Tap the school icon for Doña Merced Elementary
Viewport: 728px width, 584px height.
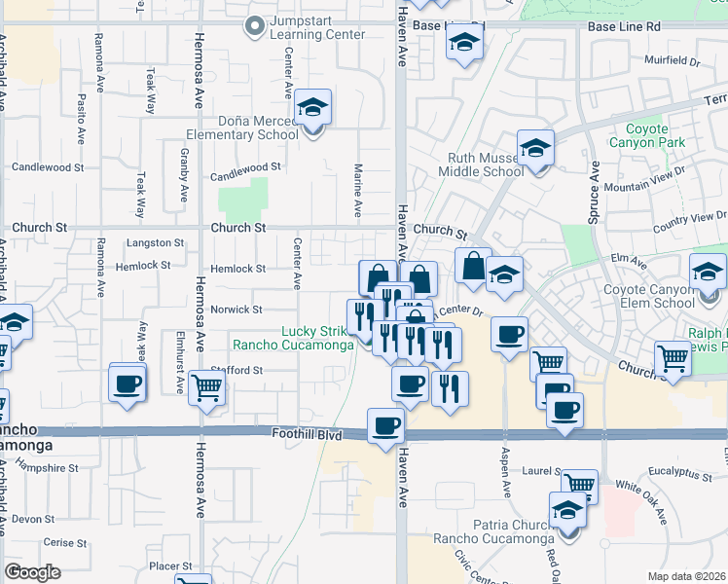pos(313,107)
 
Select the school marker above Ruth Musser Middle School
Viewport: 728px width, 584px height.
pos(535,148)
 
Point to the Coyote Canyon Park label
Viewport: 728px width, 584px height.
pos(639,135)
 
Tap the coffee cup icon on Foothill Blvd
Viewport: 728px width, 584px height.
pos(386,425)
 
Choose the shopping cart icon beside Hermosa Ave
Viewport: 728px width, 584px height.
pos(207,386)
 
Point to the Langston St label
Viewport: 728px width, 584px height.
pos(156,242)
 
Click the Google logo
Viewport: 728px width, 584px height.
pos(33,572)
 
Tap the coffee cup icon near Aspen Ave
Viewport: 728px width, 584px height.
pos(510,335)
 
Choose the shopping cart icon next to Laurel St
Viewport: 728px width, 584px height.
pos(580,484)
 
